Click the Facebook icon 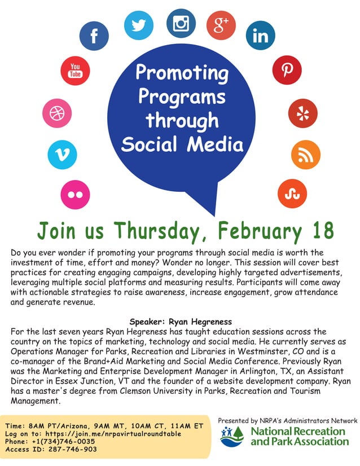(94, 35)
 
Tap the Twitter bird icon (138, 25)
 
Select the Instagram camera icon (181, 23)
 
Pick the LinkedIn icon (261, 36)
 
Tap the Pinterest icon (288, 69)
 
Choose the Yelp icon (302, 113)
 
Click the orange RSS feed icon (305, 155)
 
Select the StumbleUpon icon (292, 193)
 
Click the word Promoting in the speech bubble (182, 73)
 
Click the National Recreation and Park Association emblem (233, 437)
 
